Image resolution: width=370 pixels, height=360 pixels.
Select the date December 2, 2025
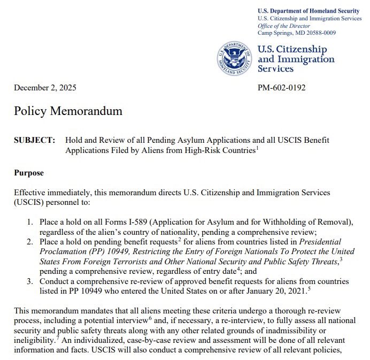pyautogui.click(x=45, y=88)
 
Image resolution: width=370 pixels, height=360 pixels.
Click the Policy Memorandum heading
pyautogui.click(x=68, y=111)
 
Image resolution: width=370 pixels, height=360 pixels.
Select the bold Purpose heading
pyautogui.click(x=29, y=173)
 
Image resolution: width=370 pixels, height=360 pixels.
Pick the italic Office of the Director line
pyautogui.click(x=288, y=26)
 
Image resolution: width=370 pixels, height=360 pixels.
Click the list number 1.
pyautogui.click(x=30, y=221)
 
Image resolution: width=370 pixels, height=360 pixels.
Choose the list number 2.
pyautogui.click(x=30, y=242)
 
